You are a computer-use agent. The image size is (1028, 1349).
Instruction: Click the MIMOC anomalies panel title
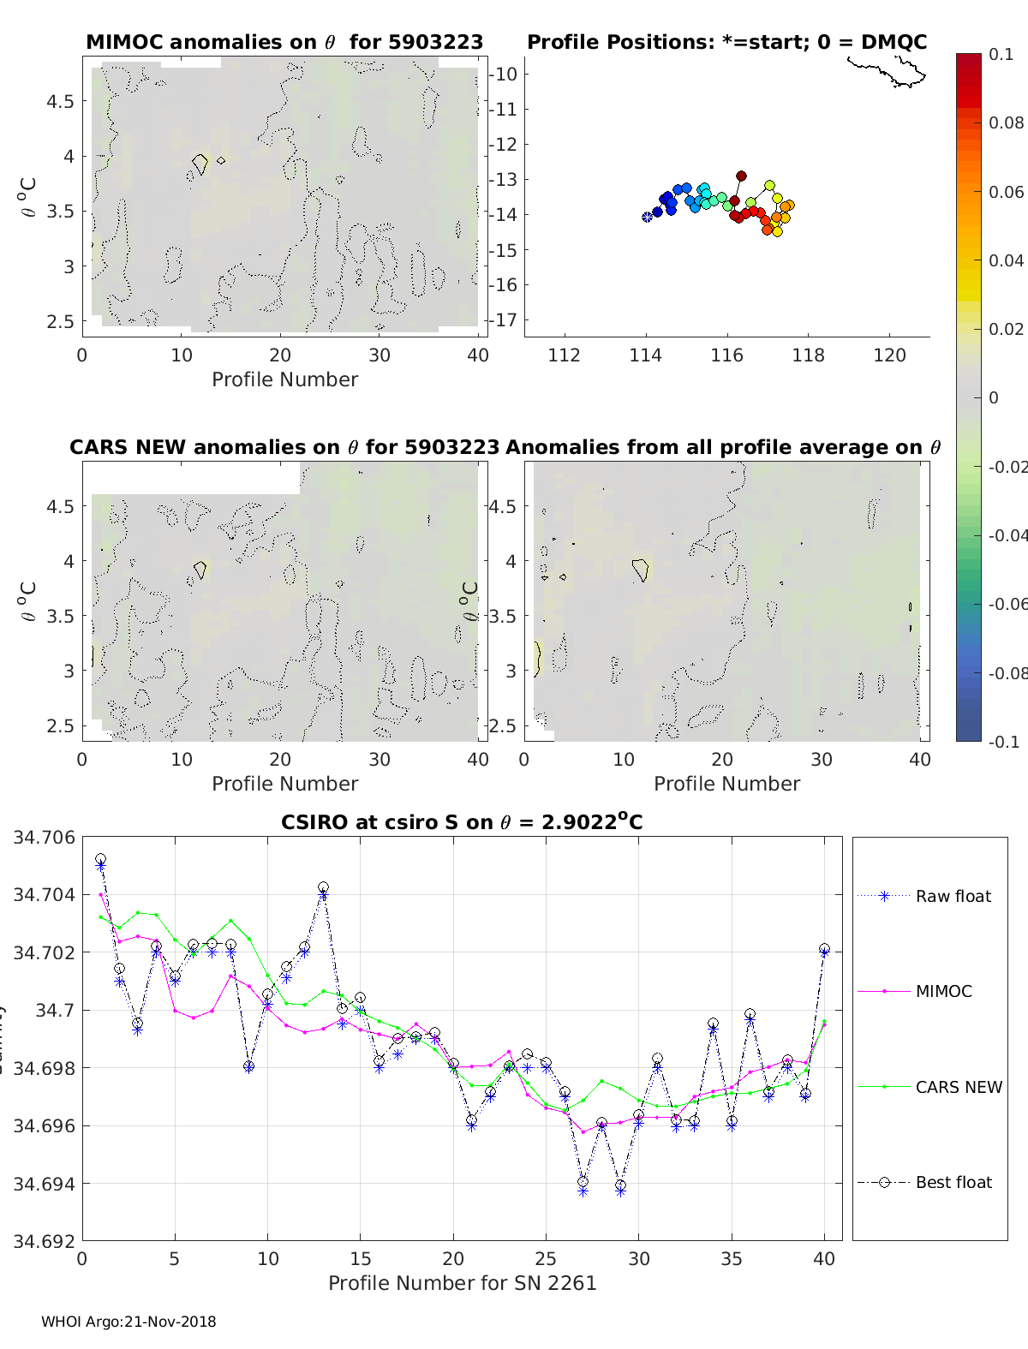[284, 42]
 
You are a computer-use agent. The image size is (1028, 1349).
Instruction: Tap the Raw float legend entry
[953, 896]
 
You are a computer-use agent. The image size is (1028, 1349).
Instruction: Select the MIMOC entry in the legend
[943, 991]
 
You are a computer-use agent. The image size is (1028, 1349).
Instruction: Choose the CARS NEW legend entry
[959, 1087]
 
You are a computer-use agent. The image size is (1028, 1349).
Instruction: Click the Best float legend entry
[953, 1182]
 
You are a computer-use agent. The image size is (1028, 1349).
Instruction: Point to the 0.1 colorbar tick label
[1001, 54]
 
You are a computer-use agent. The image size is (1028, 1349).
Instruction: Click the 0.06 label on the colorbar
[1007, 192]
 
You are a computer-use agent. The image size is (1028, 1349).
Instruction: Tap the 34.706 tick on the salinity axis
[44, 837]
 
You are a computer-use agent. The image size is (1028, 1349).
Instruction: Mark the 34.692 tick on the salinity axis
[44, 1241]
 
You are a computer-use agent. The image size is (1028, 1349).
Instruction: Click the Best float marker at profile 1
[100, 859]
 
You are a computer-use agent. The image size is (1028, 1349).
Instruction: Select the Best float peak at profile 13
[323, 888]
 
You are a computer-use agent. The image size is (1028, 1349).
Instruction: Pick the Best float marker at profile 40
[824, 949]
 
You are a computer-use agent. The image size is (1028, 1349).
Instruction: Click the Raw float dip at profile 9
[248, 1067]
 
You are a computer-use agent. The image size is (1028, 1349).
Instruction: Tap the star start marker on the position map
[647, 217]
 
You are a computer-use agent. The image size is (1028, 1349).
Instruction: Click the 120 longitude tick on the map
[889, 355]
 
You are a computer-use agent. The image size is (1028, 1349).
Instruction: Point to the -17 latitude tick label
[505, 319]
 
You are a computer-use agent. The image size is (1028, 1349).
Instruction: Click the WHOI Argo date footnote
[128, 1322]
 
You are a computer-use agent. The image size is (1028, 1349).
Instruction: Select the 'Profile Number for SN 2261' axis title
[462, 1283]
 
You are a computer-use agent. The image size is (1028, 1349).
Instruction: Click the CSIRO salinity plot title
[462, 822]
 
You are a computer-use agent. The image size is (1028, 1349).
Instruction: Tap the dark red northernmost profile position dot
[741, 176]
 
